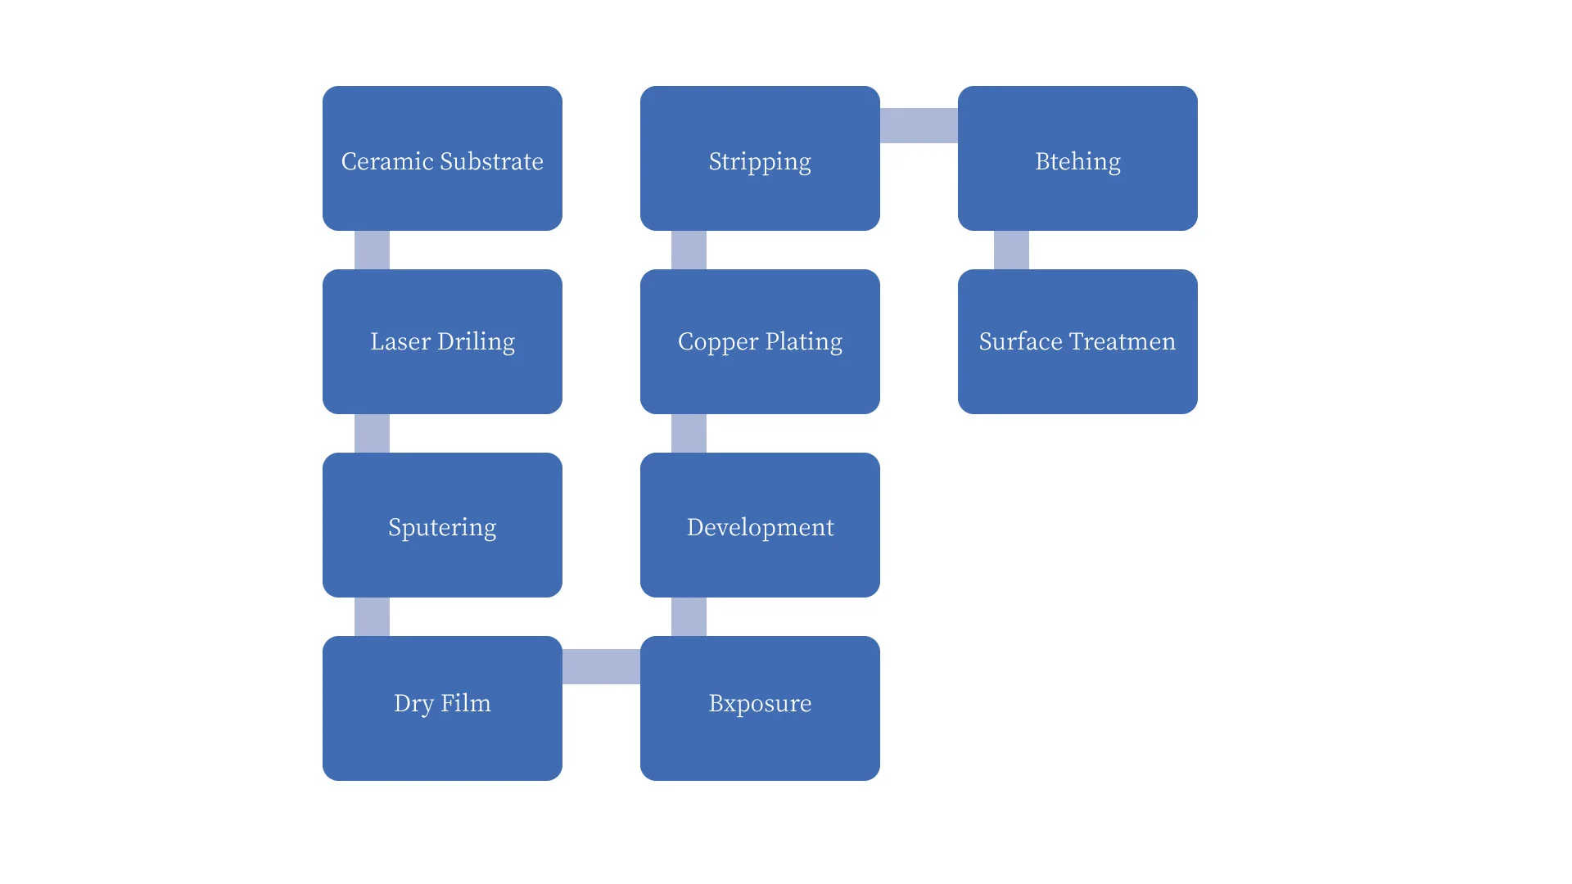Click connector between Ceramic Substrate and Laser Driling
[x=372, y=250]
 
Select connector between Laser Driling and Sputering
[x=372, y=433]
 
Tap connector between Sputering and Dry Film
[x=372, y=616]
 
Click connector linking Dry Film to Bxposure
[x=601, y=666]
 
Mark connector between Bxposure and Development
[x=689, y=616]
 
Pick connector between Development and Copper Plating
[x=689, y=433]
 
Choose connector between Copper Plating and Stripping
[x=689, y=250]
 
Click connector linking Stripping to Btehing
[x=919, y=125]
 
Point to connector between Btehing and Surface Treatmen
[x=1011, y=250]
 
